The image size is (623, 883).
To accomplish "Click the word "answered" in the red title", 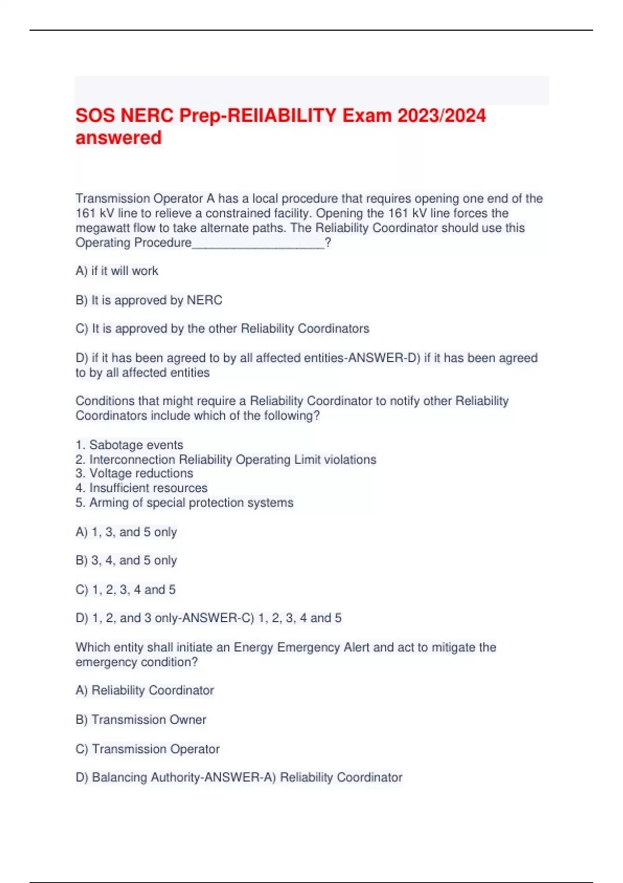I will pos(118,138).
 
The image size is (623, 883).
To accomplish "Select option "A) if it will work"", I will pos(117,271).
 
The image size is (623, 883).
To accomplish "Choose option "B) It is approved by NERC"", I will pos(149,300).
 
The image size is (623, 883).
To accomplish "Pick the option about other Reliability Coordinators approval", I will pos(222,329).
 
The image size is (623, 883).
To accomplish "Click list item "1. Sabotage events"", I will pos(129,445).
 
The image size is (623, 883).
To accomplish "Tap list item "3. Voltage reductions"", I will pos(134,474).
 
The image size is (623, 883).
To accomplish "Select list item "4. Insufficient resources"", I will pos(141,488).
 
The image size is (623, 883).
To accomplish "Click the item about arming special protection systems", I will pos(184,503).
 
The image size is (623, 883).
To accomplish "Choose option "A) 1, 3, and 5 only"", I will pos(126,532).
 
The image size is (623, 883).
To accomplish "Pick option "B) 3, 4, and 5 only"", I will pos(126,561).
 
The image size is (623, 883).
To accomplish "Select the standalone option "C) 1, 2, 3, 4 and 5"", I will pos(126,590).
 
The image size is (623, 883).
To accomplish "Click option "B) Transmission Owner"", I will pos(141,720).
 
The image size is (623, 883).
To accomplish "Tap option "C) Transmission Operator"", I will pos(147,749).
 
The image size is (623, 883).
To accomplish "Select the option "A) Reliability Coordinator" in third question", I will pos(144,690).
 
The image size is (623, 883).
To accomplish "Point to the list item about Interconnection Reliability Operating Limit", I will pos(226,460).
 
